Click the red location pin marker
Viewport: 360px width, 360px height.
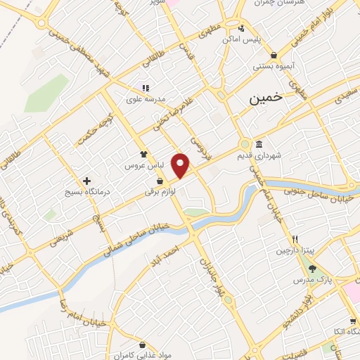[x=181, y=165]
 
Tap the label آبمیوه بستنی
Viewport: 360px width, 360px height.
[x=274, y=67]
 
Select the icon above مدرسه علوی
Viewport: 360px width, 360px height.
[x=146, y=88]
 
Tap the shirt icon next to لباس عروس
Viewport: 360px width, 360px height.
[x=143, y=153]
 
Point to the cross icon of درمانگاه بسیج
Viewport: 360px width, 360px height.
[x=86, y=179]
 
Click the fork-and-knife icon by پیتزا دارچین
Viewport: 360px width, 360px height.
[x=295, y=239]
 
